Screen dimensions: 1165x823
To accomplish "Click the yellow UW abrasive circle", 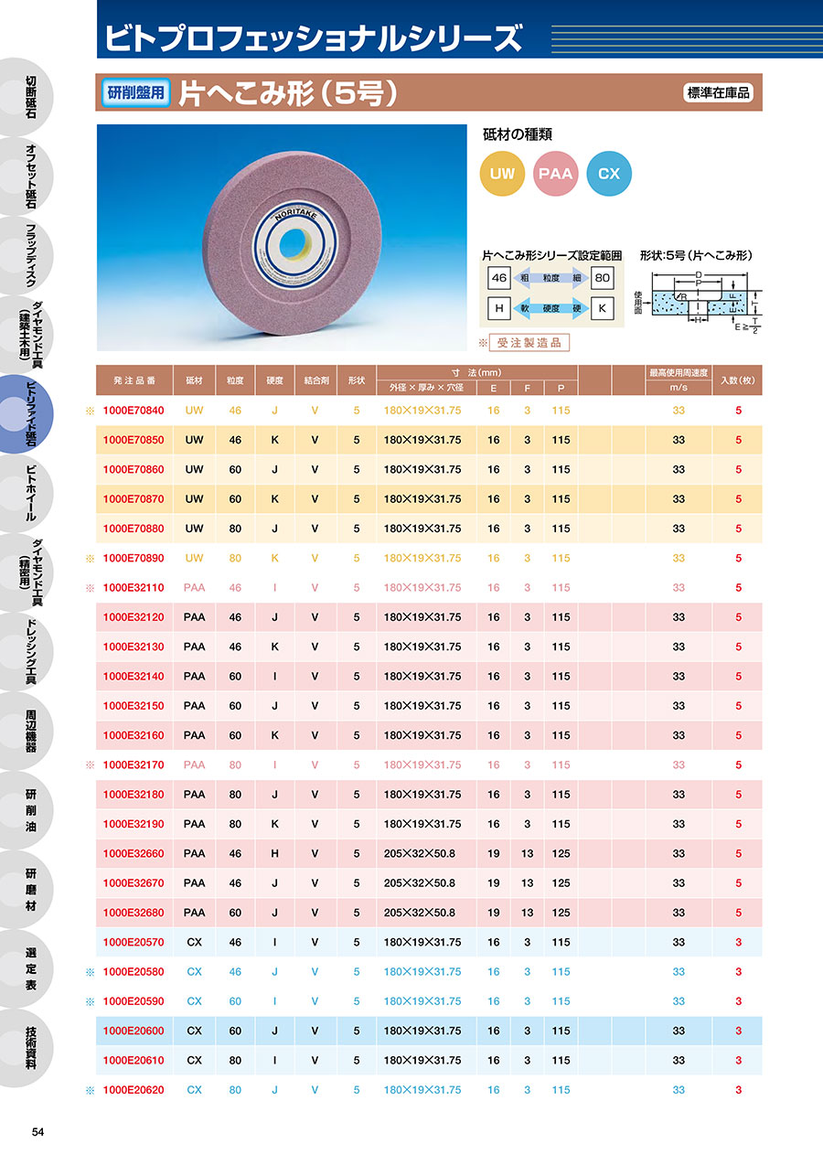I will (x=503, y=173).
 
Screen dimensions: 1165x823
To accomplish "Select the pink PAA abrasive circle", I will (x=556, y=173).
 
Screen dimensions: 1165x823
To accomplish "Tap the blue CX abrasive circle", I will (x=609, y=173).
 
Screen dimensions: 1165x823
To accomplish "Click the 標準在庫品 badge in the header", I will (x=718, y=92).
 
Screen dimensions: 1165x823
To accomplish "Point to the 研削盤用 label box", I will (x=135, y=92).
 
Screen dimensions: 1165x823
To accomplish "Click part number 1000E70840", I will (x=134, y=411).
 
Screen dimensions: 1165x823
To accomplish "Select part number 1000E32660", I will (x=134, y=853).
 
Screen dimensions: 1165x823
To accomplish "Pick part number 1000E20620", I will (x=134, y=1090).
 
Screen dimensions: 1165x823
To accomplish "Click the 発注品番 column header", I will (x=134, y=379).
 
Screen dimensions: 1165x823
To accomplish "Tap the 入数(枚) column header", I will (x=738, y=379).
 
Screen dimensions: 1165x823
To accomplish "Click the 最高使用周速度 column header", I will (x=679, y=373).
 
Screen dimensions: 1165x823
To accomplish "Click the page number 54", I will (x=37, y=1132).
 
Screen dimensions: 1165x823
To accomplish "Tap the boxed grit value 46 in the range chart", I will (x=499, y=277).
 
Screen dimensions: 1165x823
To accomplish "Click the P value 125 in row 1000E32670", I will (x=561, y=883).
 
